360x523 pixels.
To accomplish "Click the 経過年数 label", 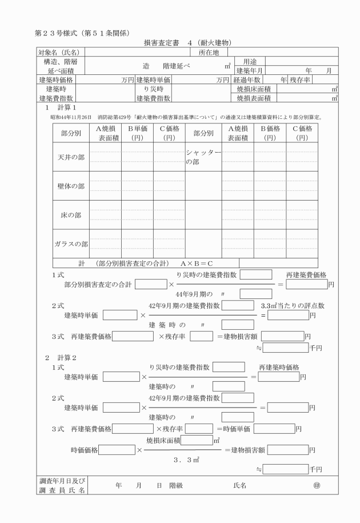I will pos(246,79).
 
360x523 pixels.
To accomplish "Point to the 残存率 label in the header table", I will pos(301,79).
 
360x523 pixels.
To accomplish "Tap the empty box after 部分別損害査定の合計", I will pos(151,284).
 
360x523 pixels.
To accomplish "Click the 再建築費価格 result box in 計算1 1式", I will pos(306,284).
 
